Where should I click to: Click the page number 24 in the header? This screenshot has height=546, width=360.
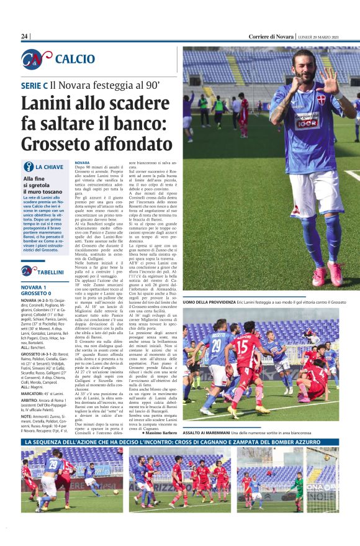tap(25, 36)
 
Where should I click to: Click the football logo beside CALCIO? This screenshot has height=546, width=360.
tap(36, 59)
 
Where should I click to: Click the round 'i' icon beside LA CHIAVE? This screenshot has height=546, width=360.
tap(28, 166)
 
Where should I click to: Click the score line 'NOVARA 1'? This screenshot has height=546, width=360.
tap(36, 288)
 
